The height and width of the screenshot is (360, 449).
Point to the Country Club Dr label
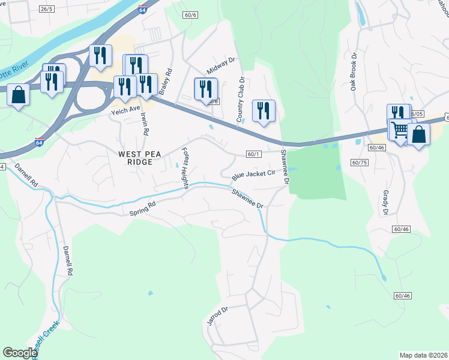(x=240, y=100)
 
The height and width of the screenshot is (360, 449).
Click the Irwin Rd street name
(x=144, y=123)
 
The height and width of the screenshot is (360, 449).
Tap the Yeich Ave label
(x=125, y=112)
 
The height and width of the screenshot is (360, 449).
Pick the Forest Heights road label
(x=184, y=168)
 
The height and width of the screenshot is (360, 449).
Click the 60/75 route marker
(x=360, y=163)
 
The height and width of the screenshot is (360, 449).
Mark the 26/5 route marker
(x=46, y=9)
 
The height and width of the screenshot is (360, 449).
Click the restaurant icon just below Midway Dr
(x=206, y=89)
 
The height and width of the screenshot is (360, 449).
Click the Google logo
(x=20, y=353)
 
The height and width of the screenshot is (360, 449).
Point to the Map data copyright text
(x=424, y=355)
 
